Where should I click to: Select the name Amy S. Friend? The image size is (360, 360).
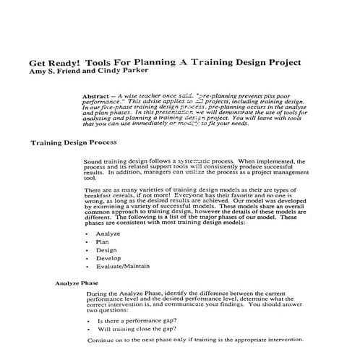[54, 71]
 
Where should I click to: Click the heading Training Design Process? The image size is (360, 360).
[74, 142]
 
